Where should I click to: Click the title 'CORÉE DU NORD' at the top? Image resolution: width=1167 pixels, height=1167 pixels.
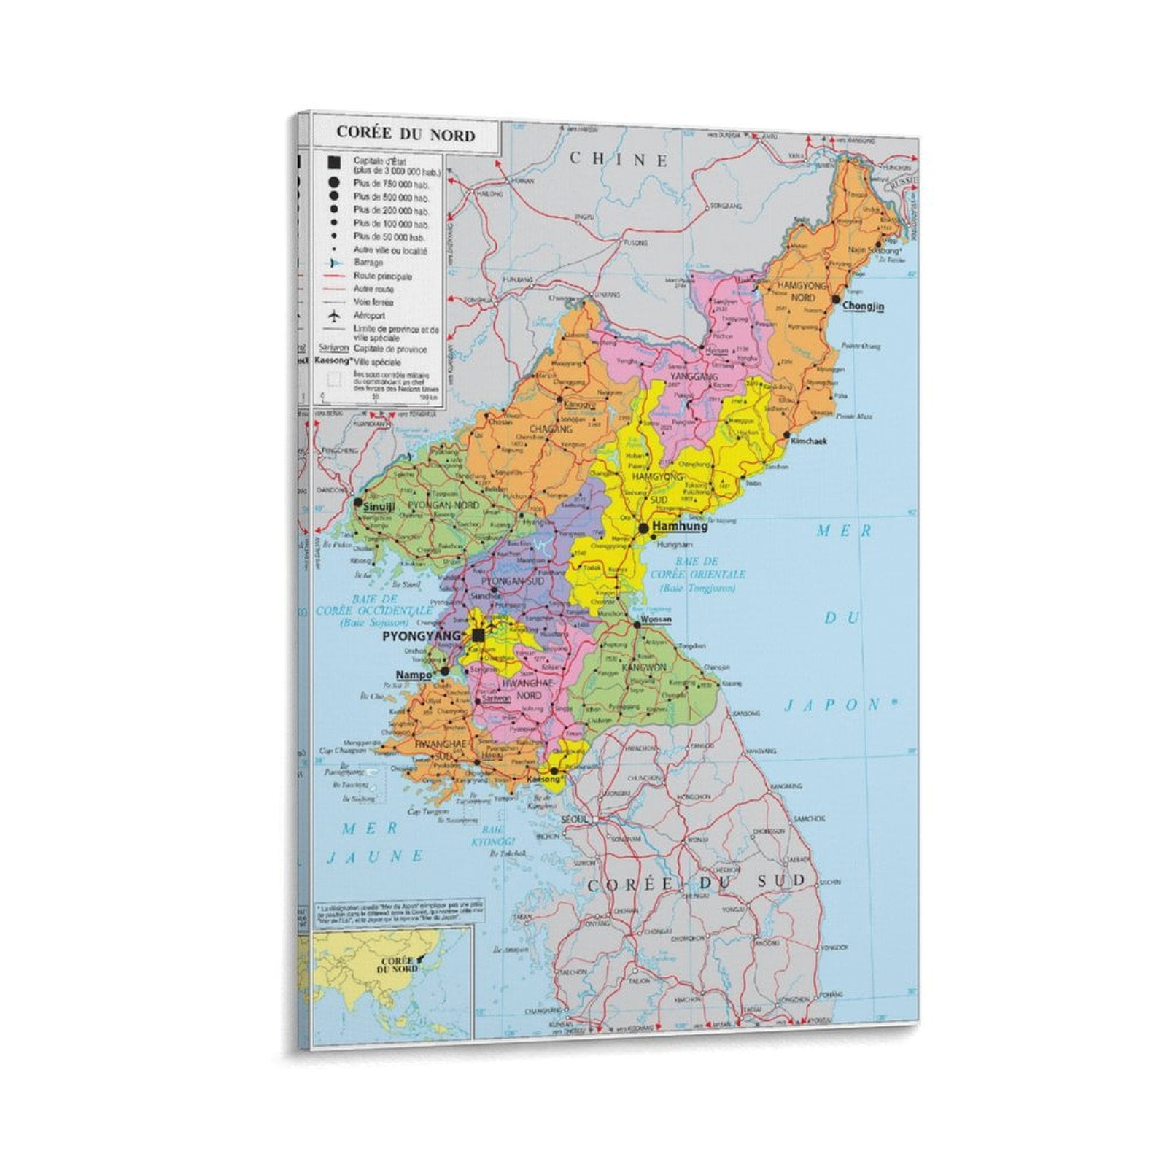coord(405,135)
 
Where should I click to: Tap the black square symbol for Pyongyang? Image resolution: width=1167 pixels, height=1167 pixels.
coord(478,636)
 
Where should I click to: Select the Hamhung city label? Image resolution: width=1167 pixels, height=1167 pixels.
coord(680,526)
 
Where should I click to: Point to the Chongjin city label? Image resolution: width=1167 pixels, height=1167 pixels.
coord(863,306)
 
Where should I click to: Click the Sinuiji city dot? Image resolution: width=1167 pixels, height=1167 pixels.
coord(358,503)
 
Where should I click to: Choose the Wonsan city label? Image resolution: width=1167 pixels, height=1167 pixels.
coord(656,620)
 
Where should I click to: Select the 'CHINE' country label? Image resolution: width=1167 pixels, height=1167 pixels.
coord(619,160)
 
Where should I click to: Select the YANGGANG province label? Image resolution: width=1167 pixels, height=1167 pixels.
coord(694,376)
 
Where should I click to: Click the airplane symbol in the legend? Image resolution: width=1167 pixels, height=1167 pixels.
coord(334,316)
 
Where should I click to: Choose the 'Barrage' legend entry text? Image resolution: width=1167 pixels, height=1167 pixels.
coord(368,263)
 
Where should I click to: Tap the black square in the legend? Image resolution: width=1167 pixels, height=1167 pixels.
coord(334,163)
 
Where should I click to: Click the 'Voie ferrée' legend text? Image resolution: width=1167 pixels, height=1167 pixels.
coord(373,302)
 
